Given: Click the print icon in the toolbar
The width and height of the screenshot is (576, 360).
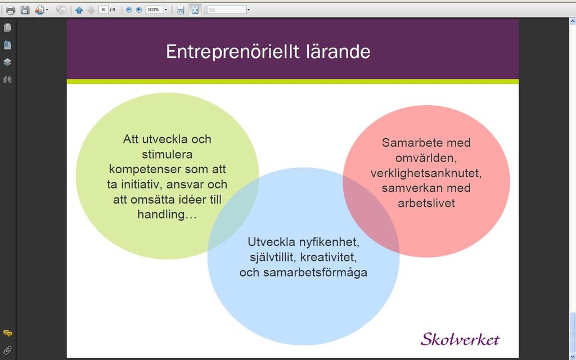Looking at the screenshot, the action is click(x=10, y=10).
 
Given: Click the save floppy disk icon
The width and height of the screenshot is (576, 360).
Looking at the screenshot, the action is click(x=25, y=10).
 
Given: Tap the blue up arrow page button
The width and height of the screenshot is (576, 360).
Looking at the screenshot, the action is click(x=79, y=10).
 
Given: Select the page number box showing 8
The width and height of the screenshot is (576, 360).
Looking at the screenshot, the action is click(x=103, y=10).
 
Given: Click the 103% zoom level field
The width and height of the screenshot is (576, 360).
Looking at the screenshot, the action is click(x=154, y=10).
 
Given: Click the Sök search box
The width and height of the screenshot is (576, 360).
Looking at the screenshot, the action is click(x=226, y=10).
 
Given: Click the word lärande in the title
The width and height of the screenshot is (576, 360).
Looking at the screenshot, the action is click(x=338, y=51).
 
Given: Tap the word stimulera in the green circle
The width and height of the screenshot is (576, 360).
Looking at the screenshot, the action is click(x=167, y=154).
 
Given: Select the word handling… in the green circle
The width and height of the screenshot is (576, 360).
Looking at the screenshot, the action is click(x=167, y=214).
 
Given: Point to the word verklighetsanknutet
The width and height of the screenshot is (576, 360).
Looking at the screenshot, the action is click(x=426, y=173).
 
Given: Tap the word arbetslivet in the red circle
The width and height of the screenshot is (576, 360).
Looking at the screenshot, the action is click(x=426, y=202).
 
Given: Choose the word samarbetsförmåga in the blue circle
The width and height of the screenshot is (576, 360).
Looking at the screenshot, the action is click(x=315, y=272).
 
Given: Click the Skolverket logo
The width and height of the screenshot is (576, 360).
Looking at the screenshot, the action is click(x=460, y=339).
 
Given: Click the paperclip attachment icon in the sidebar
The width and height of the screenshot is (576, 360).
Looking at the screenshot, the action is click(x=7, y=350).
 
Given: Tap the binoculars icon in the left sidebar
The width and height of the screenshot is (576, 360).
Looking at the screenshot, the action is click(x=7, y=79).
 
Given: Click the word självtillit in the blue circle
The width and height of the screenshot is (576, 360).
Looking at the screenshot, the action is click(x=274, y=257).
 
